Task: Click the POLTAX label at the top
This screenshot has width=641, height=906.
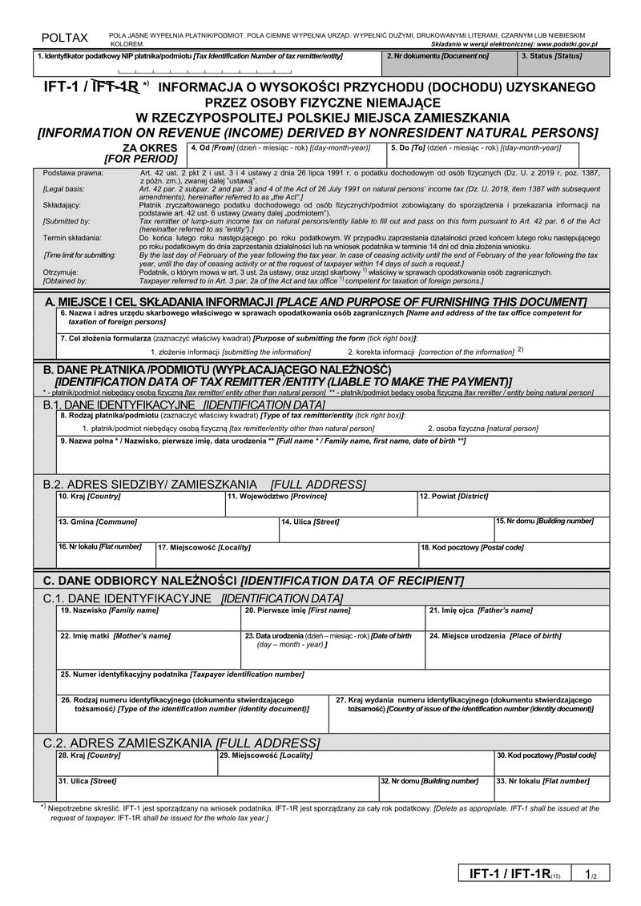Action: (65, 38)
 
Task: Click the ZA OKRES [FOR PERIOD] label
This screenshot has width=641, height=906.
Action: (140, 153)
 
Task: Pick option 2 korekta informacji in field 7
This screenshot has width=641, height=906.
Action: (429, 352)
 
